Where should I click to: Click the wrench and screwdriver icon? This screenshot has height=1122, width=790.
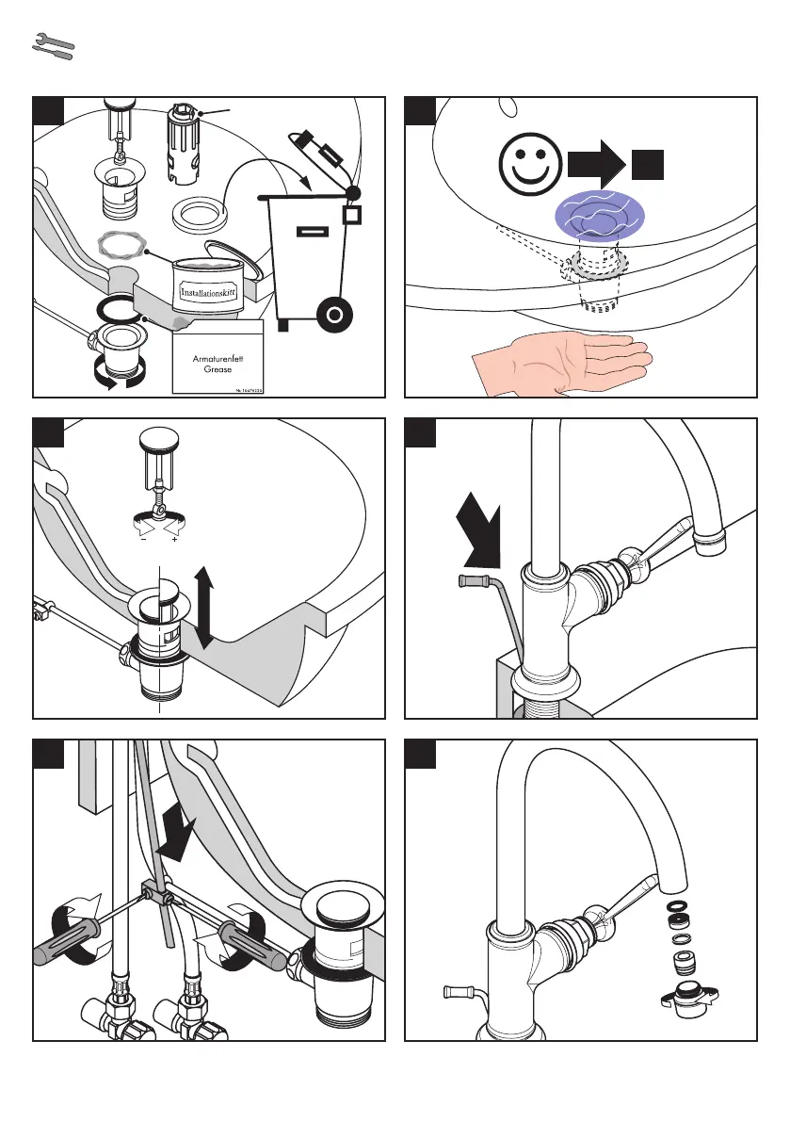click(53, 48)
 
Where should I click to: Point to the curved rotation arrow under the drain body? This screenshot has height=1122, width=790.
click(117, 380)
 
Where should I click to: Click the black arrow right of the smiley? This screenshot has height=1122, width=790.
click(597, 166)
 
